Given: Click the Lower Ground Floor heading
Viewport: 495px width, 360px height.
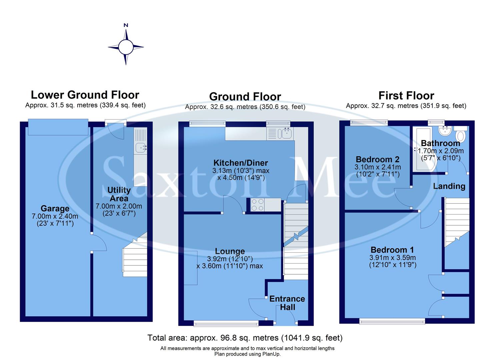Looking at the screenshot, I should coord(85,95).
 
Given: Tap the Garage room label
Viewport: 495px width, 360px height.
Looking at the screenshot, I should coord(55,209).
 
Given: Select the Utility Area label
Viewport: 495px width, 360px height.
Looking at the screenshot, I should coord(119,194).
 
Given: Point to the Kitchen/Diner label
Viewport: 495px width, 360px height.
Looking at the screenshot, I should coord(241,163).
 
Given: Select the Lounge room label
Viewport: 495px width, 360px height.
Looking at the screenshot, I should coord(230,251).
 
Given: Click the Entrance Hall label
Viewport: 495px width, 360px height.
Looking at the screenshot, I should coord(287,303).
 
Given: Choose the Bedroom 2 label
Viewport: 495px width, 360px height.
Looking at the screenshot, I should coord(378,159).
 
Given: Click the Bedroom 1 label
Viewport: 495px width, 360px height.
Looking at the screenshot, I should coord(392,250).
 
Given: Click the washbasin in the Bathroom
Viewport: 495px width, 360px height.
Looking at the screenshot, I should coord(444,131).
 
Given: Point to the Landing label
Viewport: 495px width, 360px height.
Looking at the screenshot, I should coord(449,186).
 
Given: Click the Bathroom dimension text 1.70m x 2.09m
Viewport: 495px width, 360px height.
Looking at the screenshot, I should coord(441,151).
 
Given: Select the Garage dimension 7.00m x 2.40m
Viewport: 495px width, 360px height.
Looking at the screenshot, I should coord(55,216).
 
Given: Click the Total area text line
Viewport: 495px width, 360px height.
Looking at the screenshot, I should coord(245,338).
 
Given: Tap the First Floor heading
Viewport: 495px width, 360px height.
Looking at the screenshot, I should coord(406,96).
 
